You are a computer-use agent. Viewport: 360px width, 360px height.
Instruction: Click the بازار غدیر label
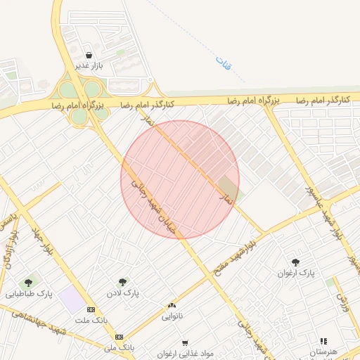89,65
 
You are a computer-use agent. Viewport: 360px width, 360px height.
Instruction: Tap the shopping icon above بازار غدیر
89,55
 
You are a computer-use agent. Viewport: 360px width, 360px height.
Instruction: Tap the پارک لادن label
123,292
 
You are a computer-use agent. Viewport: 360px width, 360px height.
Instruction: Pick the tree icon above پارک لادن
123,282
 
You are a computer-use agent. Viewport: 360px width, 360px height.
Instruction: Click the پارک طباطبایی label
30,293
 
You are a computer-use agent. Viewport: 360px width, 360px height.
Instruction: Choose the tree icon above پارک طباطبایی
29,283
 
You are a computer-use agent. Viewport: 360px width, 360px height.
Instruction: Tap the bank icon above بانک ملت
91,309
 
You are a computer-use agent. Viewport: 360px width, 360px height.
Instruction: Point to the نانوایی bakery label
172,316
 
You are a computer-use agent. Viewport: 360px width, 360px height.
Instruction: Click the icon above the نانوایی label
172,306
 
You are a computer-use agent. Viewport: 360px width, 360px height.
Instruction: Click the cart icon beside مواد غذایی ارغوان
184,343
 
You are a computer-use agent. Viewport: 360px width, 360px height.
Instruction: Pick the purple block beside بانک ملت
72,300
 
